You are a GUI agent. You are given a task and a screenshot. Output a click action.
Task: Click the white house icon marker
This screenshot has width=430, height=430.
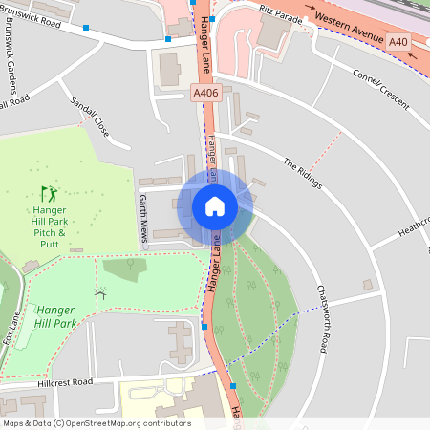215,206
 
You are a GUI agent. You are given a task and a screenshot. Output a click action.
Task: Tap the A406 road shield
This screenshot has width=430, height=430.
205,93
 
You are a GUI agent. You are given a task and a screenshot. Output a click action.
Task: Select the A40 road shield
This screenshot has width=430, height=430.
398,42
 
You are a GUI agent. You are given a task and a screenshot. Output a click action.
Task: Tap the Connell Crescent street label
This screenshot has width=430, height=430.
381,88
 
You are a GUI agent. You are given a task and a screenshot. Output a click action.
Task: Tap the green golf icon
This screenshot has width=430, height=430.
48,194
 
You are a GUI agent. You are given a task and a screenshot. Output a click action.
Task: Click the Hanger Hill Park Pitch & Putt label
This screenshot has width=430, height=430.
49,226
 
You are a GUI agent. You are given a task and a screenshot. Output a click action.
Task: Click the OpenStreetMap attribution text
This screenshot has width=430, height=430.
96,422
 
